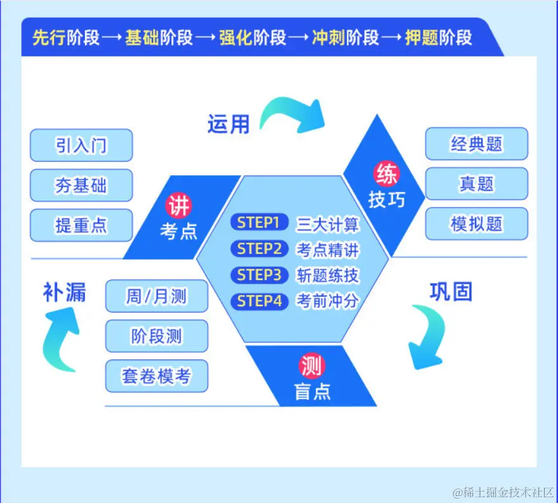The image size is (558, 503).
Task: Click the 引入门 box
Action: click(81, 145)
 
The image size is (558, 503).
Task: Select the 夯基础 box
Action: click(81, 185)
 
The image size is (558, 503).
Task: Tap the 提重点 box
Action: click(81, 225)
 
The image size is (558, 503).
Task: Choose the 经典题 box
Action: click(476, 144)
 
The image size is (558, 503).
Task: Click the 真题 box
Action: click(476, 184)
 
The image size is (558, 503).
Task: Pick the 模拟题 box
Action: click(476, 224)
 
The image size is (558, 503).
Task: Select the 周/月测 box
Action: click(156, 296)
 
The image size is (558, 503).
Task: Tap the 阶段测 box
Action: click(156, 336)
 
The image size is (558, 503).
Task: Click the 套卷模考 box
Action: click(156, 376)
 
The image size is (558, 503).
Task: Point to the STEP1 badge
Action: click(258, 222)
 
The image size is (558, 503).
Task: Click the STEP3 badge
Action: click(258, 275)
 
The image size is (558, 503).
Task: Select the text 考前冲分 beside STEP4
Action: click(328, 301)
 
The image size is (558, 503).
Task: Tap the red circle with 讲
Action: click(178, 206)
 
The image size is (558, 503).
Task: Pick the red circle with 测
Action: click(312, 366)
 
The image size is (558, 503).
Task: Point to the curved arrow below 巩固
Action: click(426, 337)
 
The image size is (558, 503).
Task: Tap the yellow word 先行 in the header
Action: click(49, 37)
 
